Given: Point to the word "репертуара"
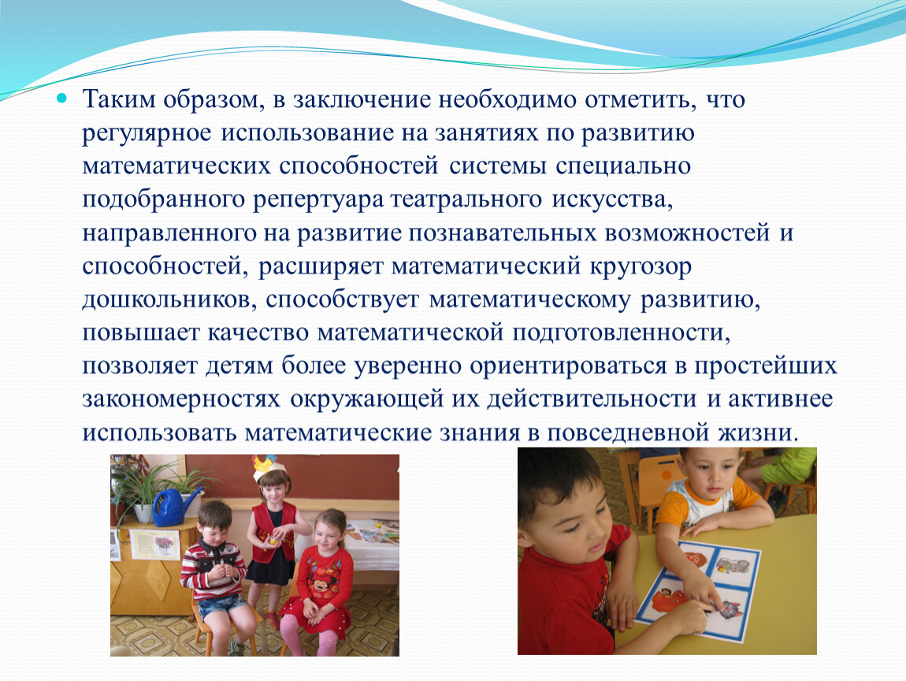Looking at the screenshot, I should [318, 200].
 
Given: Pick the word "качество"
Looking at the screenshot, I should [257, 333].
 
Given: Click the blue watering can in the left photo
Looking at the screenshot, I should [170, 506].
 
